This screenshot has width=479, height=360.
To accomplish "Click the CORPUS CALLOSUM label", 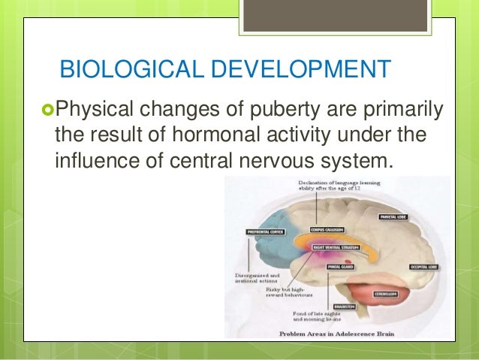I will pos(327,230).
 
